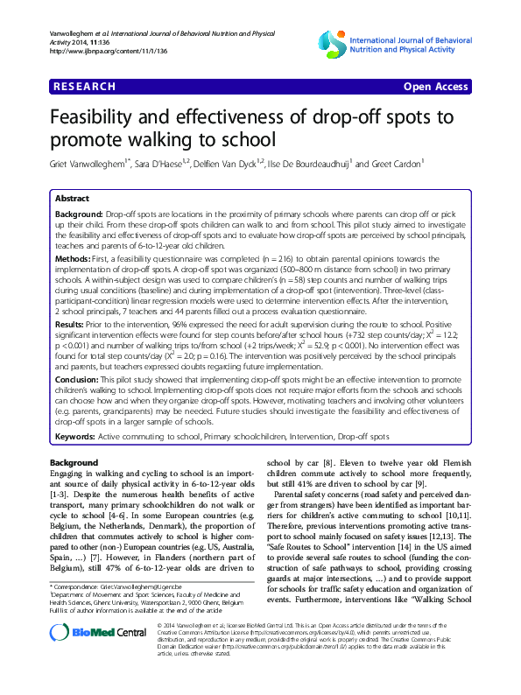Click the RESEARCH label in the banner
pos(84,87)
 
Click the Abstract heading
pos(74,199)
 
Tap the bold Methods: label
pos(74,260)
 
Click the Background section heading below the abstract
pos(74,461)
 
